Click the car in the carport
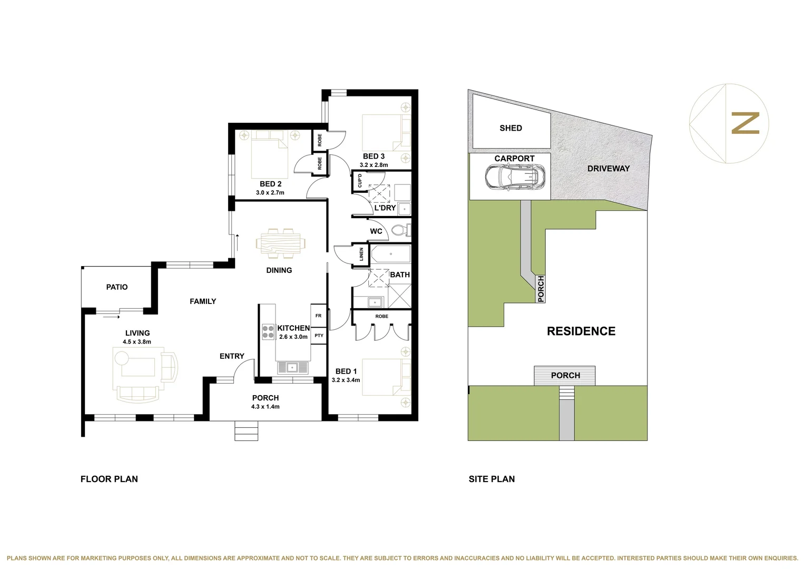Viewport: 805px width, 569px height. (x=515, y=177)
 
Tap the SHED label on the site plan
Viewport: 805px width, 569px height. (x=511, y=128)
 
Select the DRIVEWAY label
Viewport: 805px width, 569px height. (x=608, y=169)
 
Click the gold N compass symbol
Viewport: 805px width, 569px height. (x=745, y=123)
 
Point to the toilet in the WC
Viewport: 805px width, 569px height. (x=401, y=231)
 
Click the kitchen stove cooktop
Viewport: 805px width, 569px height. (x=268, y=331)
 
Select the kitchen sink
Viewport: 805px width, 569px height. (x=292, y=367)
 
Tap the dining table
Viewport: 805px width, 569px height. (x=280, y=243)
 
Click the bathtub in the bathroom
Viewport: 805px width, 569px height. (x=390, y=254)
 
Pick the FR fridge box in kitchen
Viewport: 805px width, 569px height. (x=318, y=316)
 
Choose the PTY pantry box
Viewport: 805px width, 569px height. (x=319, y=336)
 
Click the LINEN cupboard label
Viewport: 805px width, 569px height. (x=361, y=254)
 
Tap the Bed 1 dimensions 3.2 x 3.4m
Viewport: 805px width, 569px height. (x=346, y=380)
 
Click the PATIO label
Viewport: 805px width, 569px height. (x=117, y=287)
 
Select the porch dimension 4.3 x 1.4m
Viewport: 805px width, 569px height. (x=266, y=407)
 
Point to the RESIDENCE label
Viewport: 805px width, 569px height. (x=581, y=331)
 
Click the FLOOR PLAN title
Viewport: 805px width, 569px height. (x=109, y=479)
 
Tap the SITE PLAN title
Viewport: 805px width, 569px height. (x=492, y=479)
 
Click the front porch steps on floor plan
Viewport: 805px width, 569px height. (x=246, y=431)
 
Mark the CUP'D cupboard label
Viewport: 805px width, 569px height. (x=360, y=181)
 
